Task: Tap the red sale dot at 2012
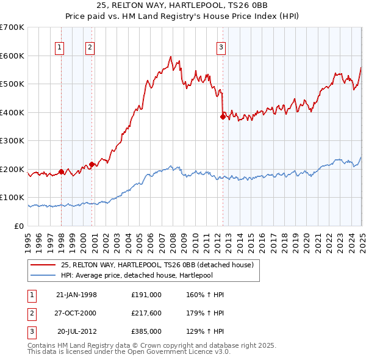coord(223,117)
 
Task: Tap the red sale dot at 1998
coord(62,171)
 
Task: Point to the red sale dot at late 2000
coord(92,164)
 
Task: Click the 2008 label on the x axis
coord(173,242)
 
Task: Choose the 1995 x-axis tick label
coord(28,242)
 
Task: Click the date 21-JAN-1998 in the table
coord(76,295)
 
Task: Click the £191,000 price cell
coord(146,295)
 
